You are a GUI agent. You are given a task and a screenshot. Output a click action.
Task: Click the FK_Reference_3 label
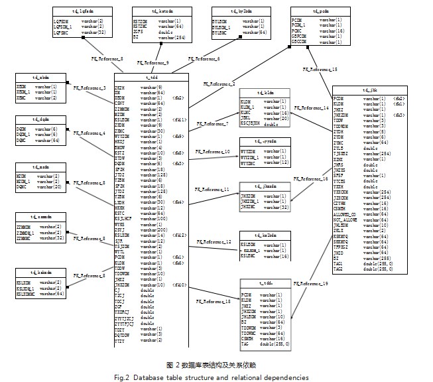(90, 88)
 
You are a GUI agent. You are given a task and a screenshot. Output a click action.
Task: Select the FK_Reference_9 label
(153, 62)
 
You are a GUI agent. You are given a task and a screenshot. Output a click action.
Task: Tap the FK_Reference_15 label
(320, 69)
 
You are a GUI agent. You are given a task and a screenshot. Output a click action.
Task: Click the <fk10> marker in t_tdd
(179, 285)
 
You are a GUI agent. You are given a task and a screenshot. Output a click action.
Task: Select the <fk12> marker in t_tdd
(179, 235)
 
